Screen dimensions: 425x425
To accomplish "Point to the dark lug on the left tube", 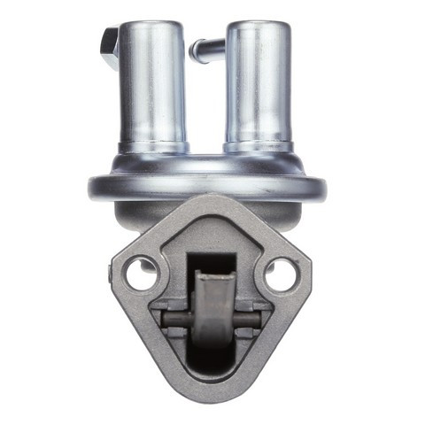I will point(110,46).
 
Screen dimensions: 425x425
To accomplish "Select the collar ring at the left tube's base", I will point(152,146).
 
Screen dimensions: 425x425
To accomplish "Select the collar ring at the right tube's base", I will point(258,146).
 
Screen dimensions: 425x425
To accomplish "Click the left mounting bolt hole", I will point(141,274).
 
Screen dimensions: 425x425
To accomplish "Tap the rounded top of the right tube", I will point(258,26).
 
